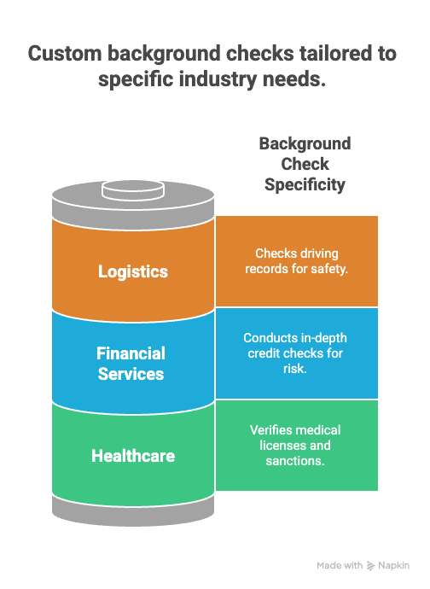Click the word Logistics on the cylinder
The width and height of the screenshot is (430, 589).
point(133,271)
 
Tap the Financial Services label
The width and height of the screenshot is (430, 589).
point(131,364)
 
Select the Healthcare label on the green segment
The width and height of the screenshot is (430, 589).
point(133,456)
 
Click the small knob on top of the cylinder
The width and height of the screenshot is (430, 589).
point(133,190)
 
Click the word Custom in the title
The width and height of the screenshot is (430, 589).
point(65,53)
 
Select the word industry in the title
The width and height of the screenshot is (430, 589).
point(218,79)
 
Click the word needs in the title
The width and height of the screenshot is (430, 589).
point(294,79)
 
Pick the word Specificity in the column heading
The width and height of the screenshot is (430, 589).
point(305,185)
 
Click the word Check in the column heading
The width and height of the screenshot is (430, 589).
point(305,164)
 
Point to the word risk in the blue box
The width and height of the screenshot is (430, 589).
point(295,369)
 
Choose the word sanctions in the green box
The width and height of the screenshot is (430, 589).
point(295,461)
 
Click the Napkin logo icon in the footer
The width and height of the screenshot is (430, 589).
point(370,566)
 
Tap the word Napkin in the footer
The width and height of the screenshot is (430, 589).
point(393,565)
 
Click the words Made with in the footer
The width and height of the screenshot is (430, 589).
point(340,565)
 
